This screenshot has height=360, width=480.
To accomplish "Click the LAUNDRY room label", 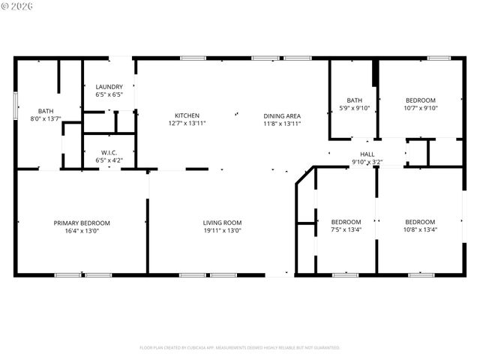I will pos(109,87).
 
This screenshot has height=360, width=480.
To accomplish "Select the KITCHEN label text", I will pos(187,115).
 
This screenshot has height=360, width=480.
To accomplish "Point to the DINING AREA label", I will pos(282,115).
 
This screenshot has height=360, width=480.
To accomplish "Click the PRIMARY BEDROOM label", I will pos(82,223).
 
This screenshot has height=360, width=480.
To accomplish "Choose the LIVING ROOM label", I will pos(222,223).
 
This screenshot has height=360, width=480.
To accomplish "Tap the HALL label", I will pos(367,154).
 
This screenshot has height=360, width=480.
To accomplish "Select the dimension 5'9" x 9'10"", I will pos(355,107).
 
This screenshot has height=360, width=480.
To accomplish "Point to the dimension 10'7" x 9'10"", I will pos(420,107).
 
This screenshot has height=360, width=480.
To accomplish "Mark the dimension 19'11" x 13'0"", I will pos(222,231).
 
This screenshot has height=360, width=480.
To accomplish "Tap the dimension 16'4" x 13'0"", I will pos(82,231).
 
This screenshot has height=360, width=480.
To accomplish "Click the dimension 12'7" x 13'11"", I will pos(187,123).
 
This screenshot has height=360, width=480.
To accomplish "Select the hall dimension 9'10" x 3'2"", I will pos(367,161).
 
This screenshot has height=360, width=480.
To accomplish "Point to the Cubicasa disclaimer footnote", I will pos(240,348).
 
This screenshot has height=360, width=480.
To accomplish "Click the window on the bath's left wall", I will pos(16,105).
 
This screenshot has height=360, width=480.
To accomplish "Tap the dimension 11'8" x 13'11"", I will pos(282,123).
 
